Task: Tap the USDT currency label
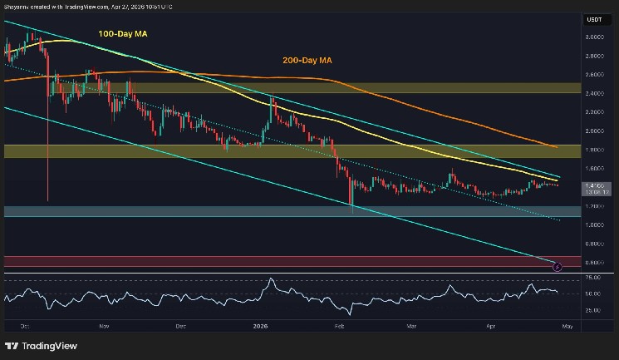coord(593,18)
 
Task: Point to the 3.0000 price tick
coord(592,37)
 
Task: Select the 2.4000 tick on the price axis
coord(592,94)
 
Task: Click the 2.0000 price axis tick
coord(592,131)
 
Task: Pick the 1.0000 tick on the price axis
coord(592,225)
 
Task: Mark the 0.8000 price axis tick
coord(592,244)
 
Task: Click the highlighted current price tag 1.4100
coord(593,186)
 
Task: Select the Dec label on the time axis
coord(181,328)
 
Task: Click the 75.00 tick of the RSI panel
coord(592,277)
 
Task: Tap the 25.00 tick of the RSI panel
coord(592,310)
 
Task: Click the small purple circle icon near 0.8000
coord(557,266)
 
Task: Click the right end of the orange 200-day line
coord(555,146)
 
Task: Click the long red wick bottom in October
coord(48,200)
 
